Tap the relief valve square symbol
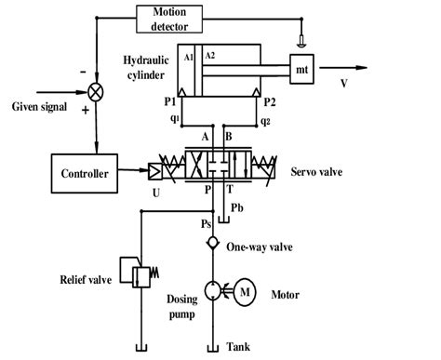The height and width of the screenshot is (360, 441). click(x=140, y=275)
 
